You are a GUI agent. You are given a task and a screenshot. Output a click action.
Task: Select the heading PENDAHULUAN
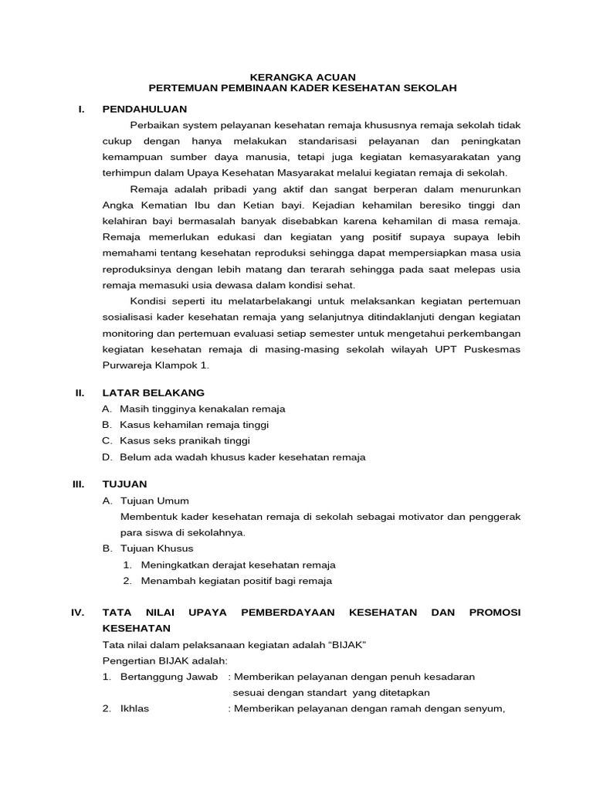(144, 109)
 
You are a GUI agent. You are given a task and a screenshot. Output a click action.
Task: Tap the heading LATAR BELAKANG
(153, 392)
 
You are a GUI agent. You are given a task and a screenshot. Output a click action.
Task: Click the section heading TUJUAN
(124, 484)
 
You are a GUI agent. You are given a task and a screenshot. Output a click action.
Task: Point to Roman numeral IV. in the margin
(77, 612)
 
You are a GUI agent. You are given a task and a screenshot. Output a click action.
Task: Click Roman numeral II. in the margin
(79, 392)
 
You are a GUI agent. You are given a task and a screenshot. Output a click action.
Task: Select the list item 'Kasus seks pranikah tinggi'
(185, 441)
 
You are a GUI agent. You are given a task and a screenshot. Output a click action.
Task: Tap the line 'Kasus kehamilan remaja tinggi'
(194, 425)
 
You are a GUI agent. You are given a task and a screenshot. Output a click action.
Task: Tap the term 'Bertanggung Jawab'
(164, 677)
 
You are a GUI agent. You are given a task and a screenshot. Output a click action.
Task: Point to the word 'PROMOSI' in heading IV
(494, 612)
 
